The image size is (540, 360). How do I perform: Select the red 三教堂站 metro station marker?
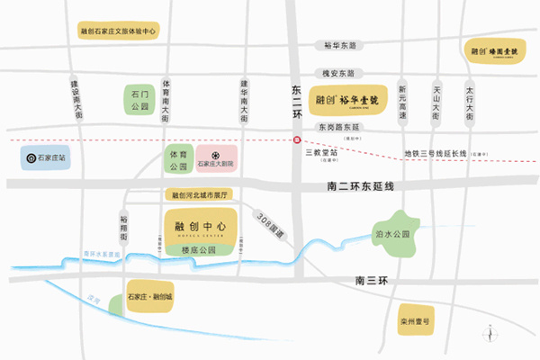click(x=296, y=139)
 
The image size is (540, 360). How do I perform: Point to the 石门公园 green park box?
click(x=138, y=98)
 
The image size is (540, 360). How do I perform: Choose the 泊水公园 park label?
click(x=391, y=233)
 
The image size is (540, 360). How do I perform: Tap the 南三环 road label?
click(x=370, y=282)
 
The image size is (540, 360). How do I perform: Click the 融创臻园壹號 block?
click(x=492, y=52)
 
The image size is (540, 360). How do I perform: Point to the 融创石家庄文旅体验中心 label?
click(x=118, y=31)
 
